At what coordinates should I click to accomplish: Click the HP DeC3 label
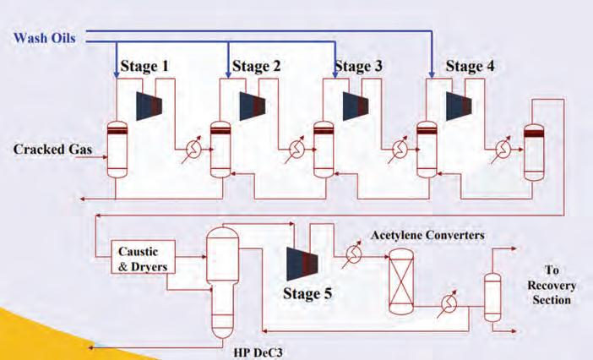(x=258, y=349)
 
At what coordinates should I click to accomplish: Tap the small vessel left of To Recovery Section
(x=492, y=296)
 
